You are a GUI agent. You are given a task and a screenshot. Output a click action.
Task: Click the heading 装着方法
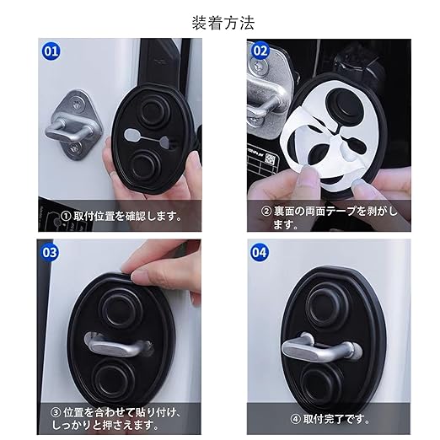coord(223,23)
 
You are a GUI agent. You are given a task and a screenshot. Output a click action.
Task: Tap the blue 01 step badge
coord(51,51)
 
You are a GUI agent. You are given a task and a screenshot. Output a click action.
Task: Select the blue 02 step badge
coord(260,51)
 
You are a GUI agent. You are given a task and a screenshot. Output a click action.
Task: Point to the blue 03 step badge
coord(50,252)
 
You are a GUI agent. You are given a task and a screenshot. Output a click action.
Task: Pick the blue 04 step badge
coord(259,252)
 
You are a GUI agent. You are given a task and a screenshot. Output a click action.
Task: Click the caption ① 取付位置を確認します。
coord(121,216)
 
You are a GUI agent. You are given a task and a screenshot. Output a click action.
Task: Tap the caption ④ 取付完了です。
coord(330,419)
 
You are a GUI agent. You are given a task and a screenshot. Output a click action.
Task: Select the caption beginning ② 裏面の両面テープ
coord(330,217)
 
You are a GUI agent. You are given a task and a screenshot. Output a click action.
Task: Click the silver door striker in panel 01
coord(72,125)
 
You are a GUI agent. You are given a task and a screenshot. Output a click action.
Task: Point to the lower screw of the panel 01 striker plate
coord(74,148)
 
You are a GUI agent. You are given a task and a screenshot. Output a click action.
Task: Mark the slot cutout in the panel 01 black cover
coord(148,138)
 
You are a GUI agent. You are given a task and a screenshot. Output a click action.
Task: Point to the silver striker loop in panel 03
coord(119,346)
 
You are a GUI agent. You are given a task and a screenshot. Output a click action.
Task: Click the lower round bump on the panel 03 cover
coord(113,378)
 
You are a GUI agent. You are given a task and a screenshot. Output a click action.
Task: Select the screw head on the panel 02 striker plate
coord(256,67)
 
